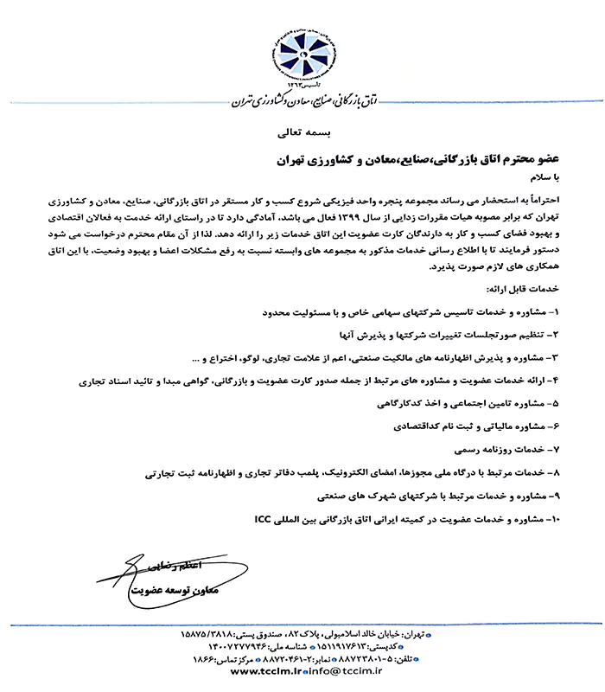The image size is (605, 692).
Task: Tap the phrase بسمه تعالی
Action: [x=302, y=135]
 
